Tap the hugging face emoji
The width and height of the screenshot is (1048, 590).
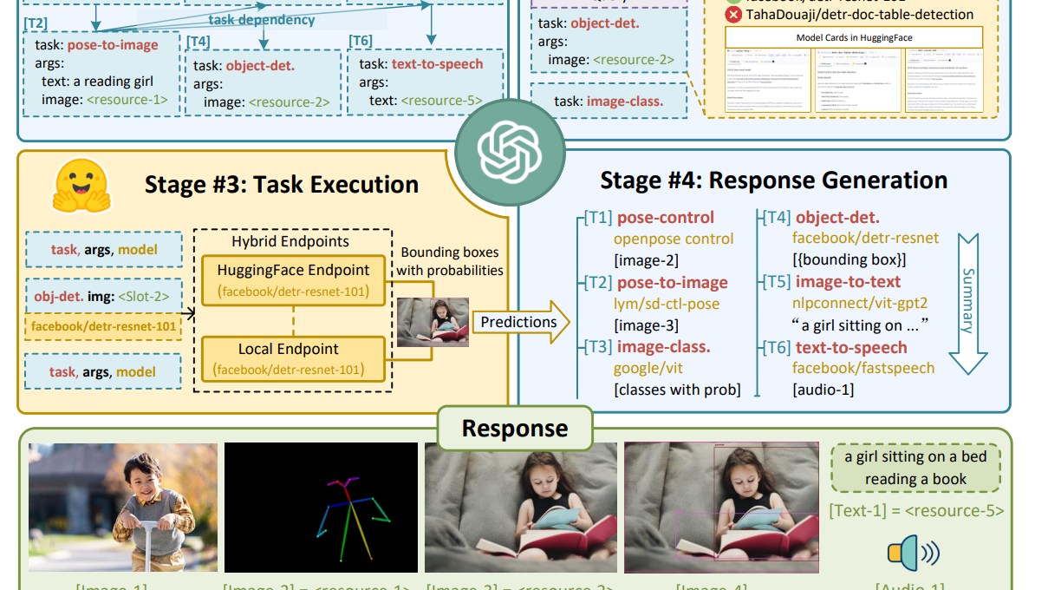(81, 187)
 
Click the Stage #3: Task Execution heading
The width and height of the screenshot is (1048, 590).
(281, 185)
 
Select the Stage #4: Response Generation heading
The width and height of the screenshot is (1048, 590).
(773, 180)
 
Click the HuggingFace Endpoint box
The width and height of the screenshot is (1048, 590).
(293, 279)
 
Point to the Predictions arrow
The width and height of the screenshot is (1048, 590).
(520, 323)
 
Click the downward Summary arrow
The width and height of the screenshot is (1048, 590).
(967, 305)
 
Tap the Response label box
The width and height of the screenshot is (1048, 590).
(515, 429)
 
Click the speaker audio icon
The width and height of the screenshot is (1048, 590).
(913, 553)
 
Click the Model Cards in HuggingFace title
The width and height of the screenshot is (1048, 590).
(854, 38)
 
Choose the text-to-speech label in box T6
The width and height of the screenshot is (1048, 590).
(437, 64)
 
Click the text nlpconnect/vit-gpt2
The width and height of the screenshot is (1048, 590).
(860, 304)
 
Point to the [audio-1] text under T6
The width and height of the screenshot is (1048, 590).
(823, 390)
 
